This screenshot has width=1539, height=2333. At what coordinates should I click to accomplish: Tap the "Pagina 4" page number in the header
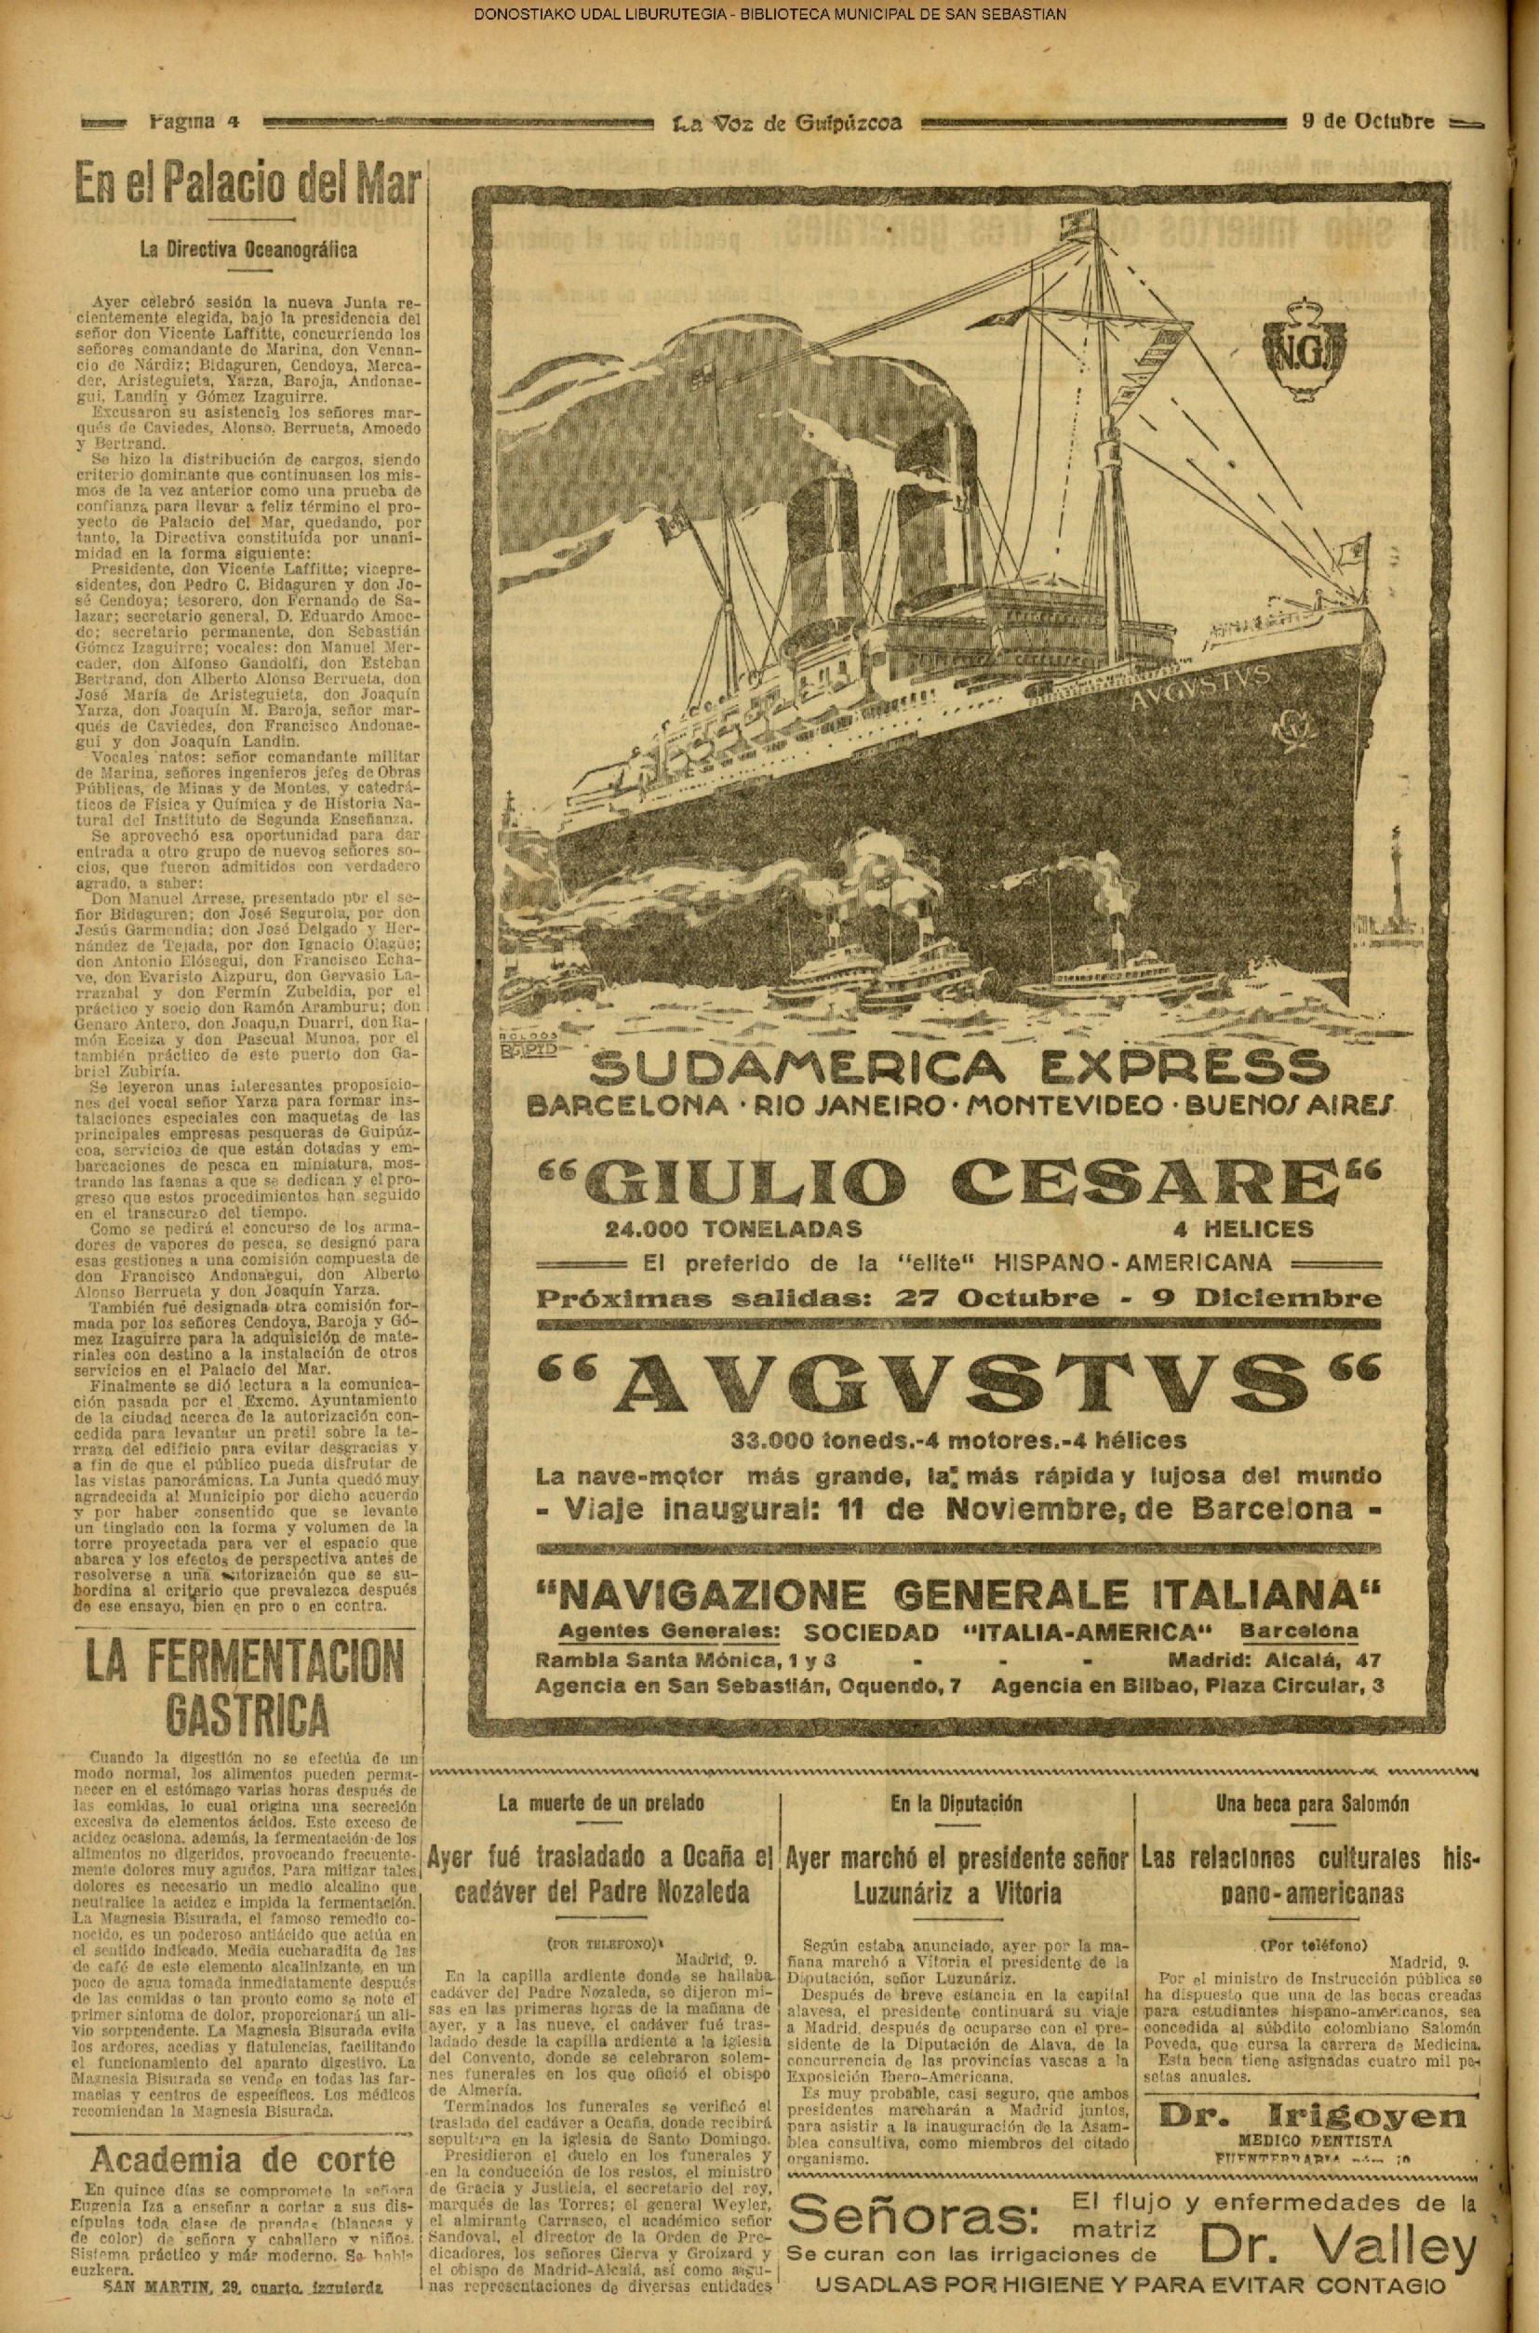[194, 123]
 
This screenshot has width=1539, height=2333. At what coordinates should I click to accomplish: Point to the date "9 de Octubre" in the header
[1366, 123]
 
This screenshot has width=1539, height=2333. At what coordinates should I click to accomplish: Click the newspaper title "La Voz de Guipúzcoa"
[786, 124]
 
